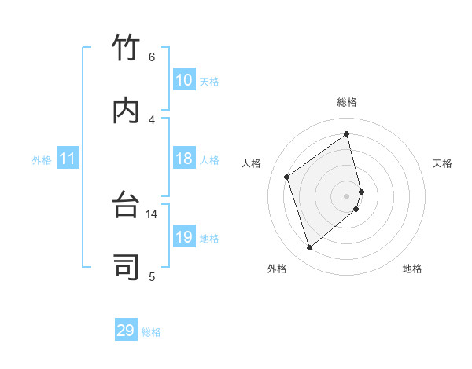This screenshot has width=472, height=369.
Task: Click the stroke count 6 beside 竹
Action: tap(152, 57)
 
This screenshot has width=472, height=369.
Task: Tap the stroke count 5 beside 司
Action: tap(152, 276)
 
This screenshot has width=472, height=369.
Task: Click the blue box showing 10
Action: tap(184, 80)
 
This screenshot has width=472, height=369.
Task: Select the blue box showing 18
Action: tap(184, 159)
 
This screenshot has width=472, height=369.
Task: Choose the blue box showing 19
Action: tap(184, 237)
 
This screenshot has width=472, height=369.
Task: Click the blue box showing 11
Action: tap(68, 159)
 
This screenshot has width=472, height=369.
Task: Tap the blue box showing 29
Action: tap(126, 331)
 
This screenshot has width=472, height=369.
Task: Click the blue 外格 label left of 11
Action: tap(42, 160)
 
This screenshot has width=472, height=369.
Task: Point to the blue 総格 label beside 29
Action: tap(151, 332)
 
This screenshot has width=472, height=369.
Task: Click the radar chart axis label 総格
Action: tap(347, 102)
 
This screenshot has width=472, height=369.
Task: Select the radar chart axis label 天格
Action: tap(442, 163)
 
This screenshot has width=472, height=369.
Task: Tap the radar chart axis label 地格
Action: tap(412, 269)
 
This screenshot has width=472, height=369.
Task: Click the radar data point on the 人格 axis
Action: tap(287, 177)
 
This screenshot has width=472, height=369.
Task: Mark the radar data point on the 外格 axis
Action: tap(309, 248)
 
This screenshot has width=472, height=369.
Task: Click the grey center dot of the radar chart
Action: tap(347, 195)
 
